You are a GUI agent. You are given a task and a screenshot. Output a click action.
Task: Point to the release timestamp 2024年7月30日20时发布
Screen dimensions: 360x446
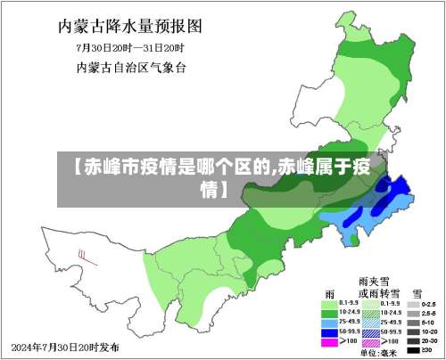click(68, 346)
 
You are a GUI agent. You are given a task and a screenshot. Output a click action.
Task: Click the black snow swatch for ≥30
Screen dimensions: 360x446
click(413, 349)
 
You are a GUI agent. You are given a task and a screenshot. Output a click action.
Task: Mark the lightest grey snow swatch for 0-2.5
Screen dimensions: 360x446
click(413, 303)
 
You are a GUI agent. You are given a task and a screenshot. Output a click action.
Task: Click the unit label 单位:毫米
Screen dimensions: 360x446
click(377, 353)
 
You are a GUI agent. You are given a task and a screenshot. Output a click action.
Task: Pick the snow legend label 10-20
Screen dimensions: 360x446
click(429, 331)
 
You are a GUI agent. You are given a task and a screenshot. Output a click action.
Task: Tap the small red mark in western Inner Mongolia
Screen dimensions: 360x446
click(83, 255)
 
